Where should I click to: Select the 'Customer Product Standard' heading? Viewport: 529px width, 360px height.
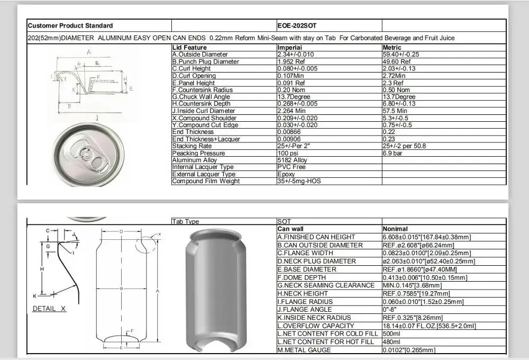tap(70, 25)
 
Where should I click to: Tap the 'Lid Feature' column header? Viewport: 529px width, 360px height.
tap(189, 48)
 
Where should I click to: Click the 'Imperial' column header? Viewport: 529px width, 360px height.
tap(289, 48)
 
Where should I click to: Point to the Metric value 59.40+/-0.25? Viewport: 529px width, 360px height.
tap(401, 55)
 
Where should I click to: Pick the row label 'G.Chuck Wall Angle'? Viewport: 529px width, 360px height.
tap(200, 97)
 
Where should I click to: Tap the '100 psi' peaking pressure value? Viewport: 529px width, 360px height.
tap(288, 153)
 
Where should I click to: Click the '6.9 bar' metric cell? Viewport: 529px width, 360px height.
tap(393, 153)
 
